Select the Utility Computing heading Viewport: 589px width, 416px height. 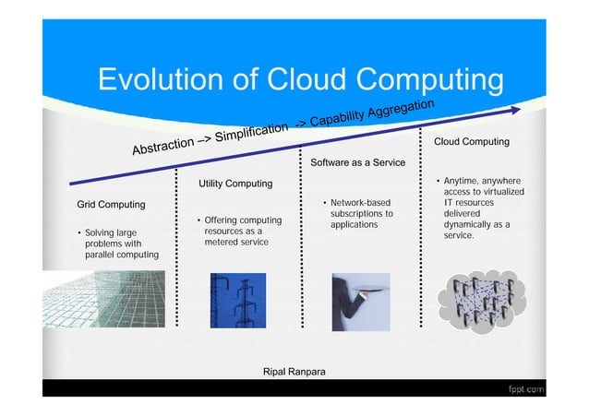[235, 184]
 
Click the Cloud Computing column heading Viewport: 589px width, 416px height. [471, 142]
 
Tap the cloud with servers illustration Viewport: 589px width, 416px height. [479, 299]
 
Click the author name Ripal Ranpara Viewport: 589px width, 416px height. [294, 372]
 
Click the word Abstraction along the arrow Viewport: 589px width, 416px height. [162, 148]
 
